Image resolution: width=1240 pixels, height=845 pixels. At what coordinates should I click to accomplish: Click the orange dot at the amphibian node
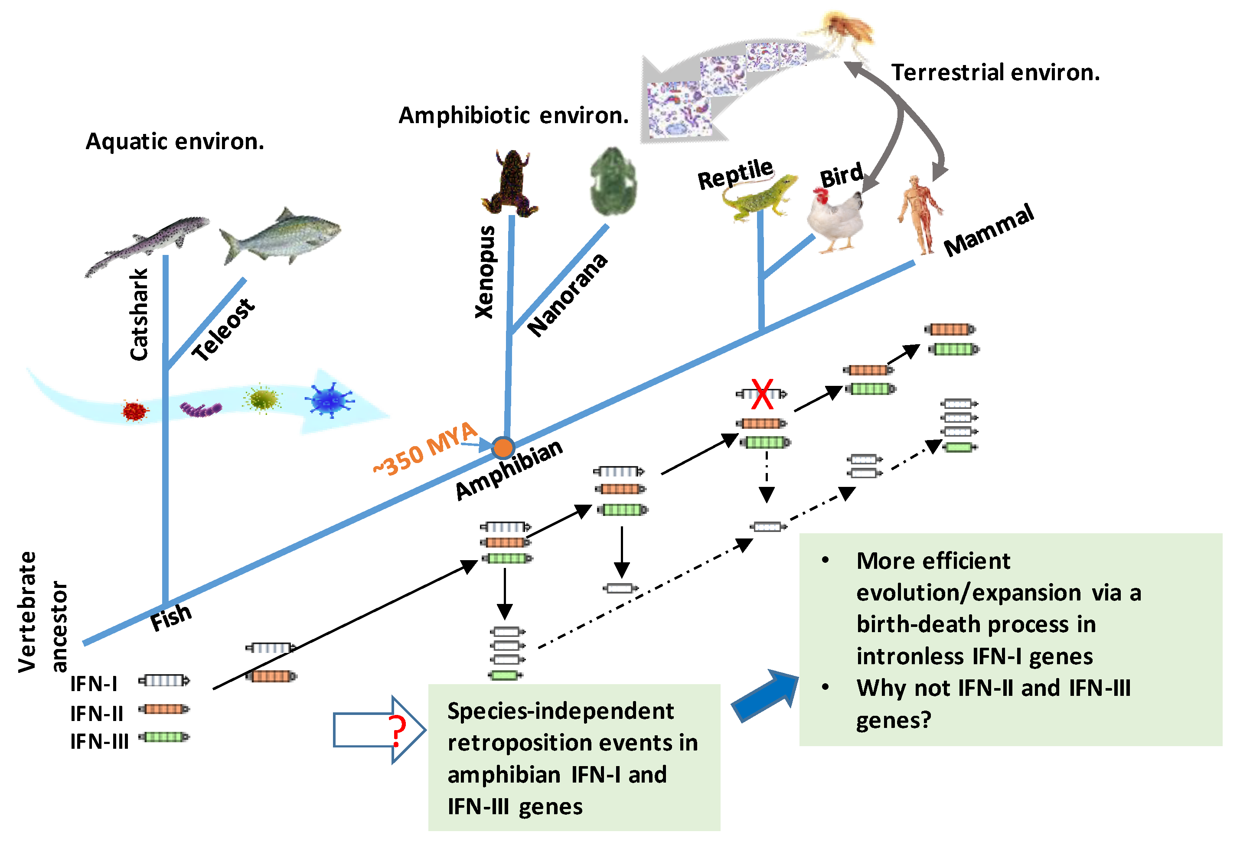point(503,447)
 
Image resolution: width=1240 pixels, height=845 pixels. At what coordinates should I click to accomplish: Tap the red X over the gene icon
point(763,394)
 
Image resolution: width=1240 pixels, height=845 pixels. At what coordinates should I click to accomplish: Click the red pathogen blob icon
point(134,411)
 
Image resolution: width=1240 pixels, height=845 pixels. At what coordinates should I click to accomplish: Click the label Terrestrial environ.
point(995,72)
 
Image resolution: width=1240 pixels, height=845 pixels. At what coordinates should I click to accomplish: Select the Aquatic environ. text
point(175,142)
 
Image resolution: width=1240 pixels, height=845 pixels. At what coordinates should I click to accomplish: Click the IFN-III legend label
point(100,741)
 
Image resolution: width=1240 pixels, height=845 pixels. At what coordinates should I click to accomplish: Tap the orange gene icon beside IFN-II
point(164,709)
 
